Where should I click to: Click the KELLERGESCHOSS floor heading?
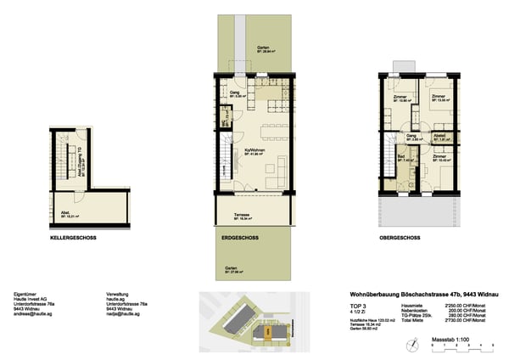point(74,239)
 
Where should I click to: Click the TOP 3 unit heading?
point(359,303)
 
